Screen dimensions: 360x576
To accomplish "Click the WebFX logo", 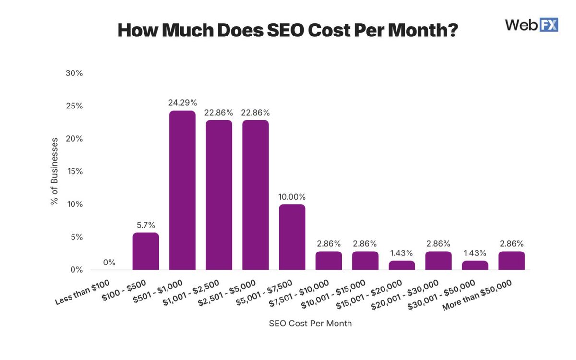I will (x=532, y=25).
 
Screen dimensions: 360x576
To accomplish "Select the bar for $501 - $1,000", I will (x=182, y=190).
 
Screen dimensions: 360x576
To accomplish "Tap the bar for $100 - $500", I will (x=146, y=251).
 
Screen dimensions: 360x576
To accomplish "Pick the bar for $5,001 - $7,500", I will (x=292, y=237).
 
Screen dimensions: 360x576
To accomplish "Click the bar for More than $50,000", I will (x=511, y=260).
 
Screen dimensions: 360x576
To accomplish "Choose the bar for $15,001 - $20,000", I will (x=402, y=265).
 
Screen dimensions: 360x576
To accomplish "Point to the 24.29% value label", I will (x=182, y=102).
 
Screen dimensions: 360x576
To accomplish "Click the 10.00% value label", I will (x=292, y=197).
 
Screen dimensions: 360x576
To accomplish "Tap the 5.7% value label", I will (x=146, y=225).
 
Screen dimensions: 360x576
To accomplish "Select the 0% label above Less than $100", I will (x=109, y=263).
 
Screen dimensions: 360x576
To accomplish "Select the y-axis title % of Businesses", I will (x=54, y=171).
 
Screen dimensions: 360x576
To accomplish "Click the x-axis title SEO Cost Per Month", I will (x=310, y=323).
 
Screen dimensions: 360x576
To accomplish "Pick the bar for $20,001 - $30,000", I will (x=438, y=260).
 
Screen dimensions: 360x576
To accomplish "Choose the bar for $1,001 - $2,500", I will (x=219, y=195).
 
